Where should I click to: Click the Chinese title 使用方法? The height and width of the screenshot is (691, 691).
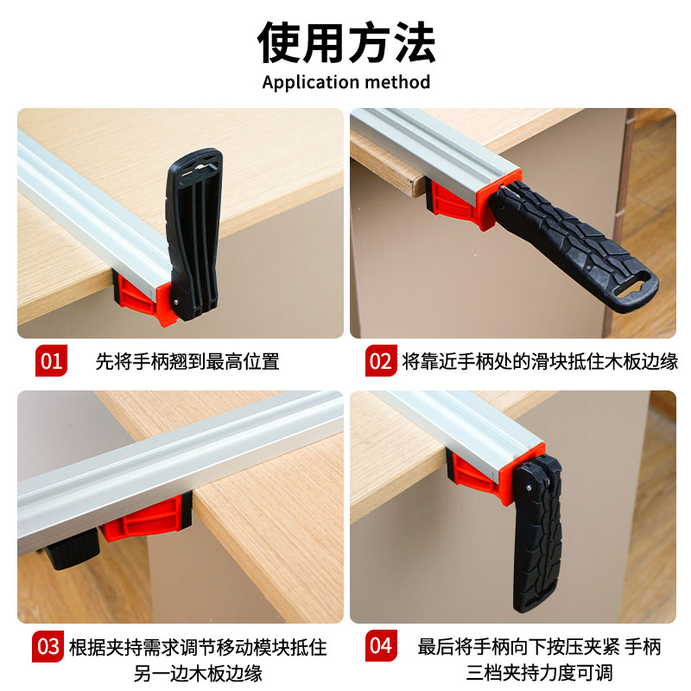(346, 42)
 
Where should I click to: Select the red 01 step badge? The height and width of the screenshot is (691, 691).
(51, 360)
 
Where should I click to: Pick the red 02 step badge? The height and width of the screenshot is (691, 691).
(381, 360)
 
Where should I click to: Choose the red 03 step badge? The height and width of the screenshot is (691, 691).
(48, 646)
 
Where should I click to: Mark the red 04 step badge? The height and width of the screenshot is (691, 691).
(381, 645)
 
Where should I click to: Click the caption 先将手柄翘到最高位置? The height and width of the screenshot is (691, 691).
(187, 361)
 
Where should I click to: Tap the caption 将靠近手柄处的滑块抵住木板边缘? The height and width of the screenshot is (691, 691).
(540, 361)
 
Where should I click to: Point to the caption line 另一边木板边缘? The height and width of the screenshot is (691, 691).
(198, 673)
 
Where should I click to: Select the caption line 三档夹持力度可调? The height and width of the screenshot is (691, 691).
(539, 673)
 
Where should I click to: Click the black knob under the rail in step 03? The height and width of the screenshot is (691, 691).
(72, 549)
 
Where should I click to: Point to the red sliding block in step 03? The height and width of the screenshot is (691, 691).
(146, 517)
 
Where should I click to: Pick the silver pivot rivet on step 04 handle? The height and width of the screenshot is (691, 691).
(529, 488)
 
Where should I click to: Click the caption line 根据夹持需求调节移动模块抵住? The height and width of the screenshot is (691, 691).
(198, 647)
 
